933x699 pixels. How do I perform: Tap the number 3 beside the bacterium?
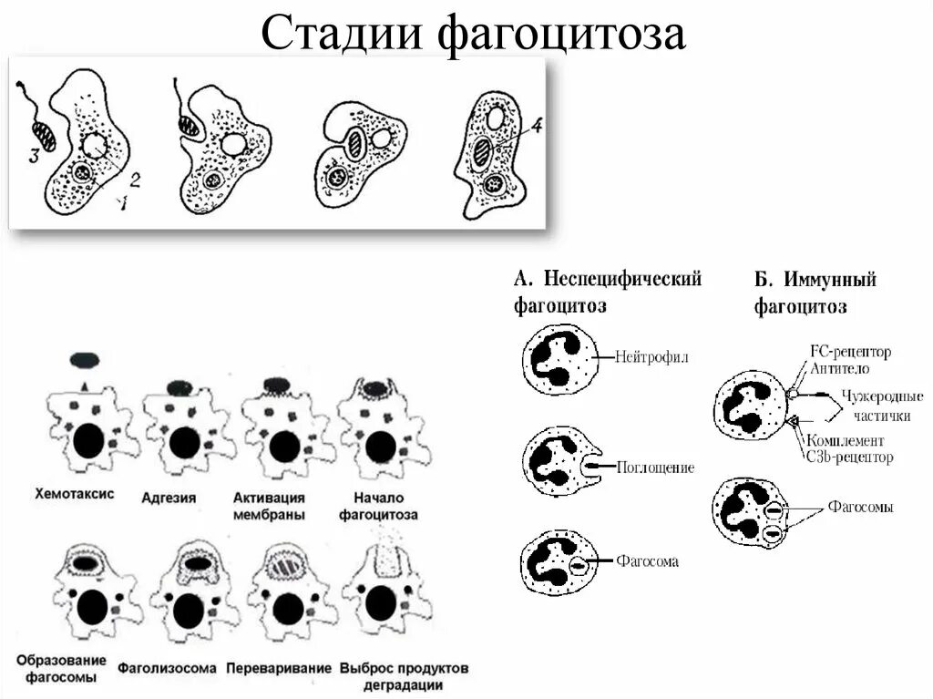pos(34,157)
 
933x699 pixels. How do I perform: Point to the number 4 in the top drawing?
pos(537,127)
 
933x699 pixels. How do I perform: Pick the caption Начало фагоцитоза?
pos(378,506)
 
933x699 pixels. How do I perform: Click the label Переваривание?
pos(279,668)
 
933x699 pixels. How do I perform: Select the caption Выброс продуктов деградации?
pos(404,675)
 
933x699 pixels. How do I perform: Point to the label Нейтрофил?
pos(651,358)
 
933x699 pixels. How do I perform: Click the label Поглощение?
pos(655,468)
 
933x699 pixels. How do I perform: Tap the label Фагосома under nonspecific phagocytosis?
pos(647,562)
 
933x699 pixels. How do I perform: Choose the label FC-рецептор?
pos(849,351)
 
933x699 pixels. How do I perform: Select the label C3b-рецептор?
pos(848,457)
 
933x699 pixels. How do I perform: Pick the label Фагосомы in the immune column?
pos(860,507)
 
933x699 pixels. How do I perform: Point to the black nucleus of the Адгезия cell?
pos(185,443)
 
